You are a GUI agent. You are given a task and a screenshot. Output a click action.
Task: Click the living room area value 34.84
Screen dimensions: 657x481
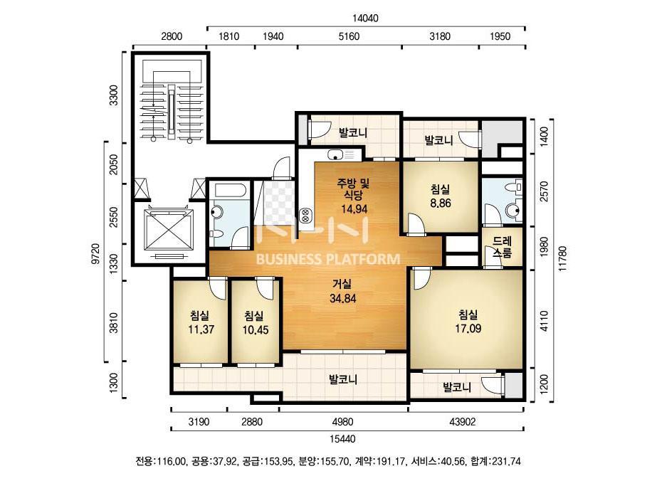tap(343, 298)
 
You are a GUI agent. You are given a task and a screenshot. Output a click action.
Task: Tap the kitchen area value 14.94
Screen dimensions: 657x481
tap(354, 208)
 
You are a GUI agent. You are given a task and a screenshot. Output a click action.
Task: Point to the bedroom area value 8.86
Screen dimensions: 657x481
tap(441, 203)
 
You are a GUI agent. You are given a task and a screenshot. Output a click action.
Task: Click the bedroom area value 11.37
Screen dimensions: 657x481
tap(201, 329)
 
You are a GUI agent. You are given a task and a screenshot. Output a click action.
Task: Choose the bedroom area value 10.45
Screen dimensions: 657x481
tap(255, 329)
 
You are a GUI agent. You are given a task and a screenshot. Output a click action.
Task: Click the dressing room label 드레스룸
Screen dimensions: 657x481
tap(502, 247)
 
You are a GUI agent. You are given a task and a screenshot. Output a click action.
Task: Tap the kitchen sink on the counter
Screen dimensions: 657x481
tap(335, 155)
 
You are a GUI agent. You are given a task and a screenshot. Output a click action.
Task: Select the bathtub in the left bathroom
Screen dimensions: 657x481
tap(230, 191)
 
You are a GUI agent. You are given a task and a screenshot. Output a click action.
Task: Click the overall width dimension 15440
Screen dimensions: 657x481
tap(342, 439)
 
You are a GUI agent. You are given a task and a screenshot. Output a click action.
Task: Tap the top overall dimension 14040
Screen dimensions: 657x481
tap(365, 18)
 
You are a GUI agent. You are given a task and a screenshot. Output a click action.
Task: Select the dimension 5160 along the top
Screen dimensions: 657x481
tap(349, 36)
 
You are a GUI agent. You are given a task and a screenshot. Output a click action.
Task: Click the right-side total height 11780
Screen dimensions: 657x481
tap(562, 258)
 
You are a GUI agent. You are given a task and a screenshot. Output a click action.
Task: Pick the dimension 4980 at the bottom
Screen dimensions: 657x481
tap(342, 421)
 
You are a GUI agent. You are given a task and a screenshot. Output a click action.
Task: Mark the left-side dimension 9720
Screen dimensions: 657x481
tap(96, 253)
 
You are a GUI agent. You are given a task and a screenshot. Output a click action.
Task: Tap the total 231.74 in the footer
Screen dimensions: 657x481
tap(507, 461)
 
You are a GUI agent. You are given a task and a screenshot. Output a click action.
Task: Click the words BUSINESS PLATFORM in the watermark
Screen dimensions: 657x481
tap(328, 259)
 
